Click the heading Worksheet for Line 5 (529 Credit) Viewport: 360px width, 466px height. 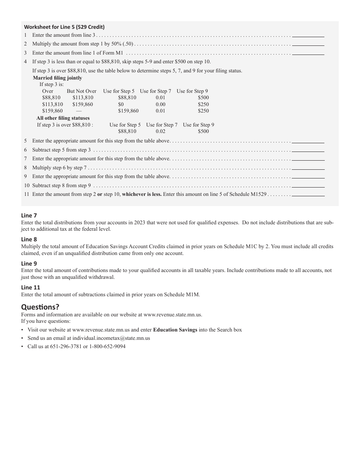64,27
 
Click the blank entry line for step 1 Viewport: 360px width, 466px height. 308,36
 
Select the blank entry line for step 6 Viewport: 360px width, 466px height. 308,150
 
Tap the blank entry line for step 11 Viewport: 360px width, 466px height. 308,195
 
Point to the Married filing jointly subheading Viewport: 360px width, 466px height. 57,78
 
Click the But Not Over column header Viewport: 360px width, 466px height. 81,91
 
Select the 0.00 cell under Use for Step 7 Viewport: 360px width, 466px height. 161,105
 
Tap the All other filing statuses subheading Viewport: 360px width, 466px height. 63,118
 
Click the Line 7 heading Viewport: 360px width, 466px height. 29,216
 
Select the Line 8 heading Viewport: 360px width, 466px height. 29,239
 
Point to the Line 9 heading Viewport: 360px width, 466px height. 29,264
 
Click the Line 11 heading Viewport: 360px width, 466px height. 31,288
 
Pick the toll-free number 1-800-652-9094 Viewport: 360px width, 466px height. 108,347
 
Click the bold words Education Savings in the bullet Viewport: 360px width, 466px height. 175,330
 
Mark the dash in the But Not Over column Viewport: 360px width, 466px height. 79,111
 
